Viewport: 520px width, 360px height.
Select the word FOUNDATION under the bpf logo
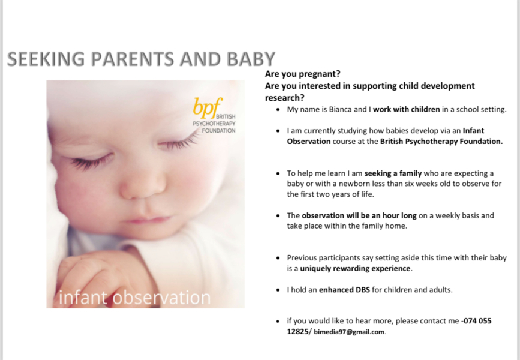[x=218, y=130]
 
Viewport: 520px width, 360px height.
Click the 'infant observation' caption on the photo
[x=135, y=298]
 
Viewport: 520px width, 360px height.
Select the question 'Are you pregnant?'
[x=303, y=74]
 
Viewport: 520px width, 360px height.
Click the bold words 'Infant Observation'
[x=308, y=142]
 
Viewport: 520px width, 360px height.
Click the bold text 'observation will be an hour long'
[x=359, y=215]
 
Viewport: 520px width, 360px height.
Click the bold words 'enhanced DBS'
[x=344, y=290]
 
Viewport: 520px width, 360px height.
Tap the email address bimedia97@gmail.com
[x=349, y=332]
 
